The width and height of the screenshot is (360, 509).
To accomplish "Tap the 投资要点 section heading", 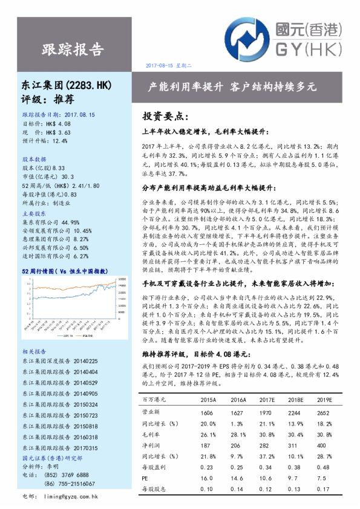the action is (165, 115).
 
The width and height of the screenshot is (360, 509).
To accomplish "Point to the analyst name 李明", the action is (53, 467).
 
